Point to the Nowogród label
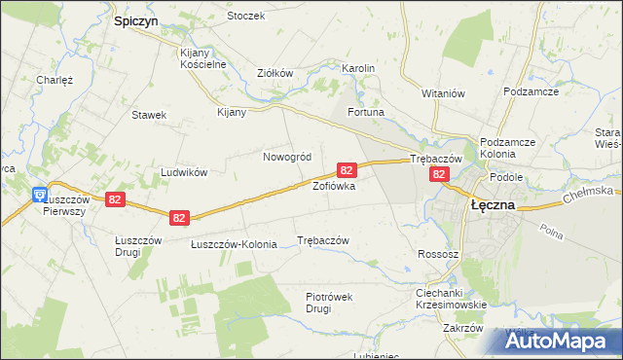click(287, 157)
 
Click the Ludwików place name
click(184, 172)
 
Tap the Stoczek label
click(245, 17)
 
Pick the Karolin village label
click(358, 68)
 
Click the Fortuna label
click(366, 113)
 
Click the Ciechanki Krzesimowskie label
click(451, 299)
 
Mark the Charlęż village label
click(55, 80)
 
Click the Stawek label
click(149, 114)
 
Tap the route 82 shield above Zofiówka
click(347, 169)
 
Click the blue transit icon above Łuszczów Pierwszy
click(39, 194)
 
